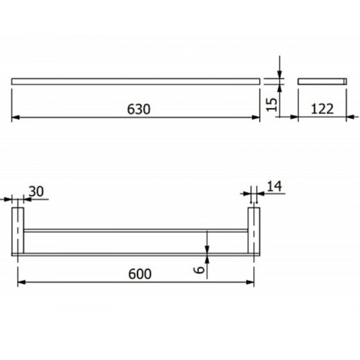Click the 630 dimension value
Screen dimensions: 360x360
(x=139, y=109)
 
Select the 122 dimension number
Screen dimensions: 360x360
(x=322, y=109)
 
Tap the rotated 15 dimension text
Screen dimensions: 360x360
(x=272, y=104)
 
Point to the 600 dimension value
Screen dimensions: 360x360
(x=140, y=274)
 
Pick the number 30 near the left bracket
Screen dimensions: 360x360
(x=36, y=191)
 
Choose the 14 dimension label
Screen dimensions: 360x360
(x=275, y=186)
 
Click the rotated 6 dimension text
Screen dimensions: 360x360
(x=199, y=270)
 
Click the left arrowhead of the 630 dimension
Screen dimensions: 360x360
(x=16, y=118)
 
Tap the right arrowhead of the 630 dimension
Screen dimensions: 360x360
(x=256, y=118)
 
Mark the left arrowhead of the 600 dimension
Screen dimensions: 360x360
(x=22, y=282)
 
